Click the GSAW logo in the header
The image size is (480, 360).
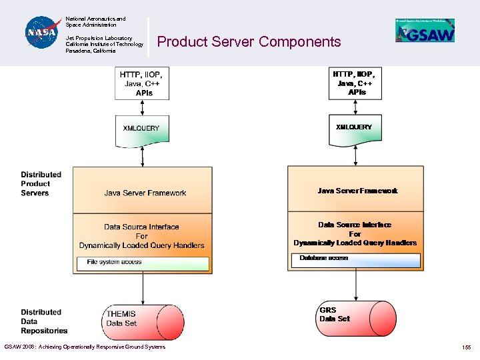tap(425, 31)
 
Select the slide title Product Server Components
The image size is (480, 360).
tap(249, 42)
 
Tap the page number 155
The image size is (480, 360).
tap(465, 347)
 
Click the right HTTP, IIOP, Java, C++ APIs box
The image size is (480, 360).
tap(355, 83)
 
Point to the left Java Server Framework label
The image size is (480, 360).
tap(145, 193)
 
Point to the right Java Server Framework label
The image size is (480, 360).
tap(357, 191)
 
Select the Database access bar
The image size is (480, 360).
tap(356, 259)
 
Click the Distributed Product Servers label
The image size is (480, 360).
tap(41, 184)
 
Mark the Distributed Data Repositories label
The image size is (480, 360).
tap(43, 321)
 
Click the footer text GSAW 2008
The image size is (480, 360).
tap(84, 347)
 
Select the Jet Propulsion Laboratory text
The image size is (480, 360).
tap(104, 45)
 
